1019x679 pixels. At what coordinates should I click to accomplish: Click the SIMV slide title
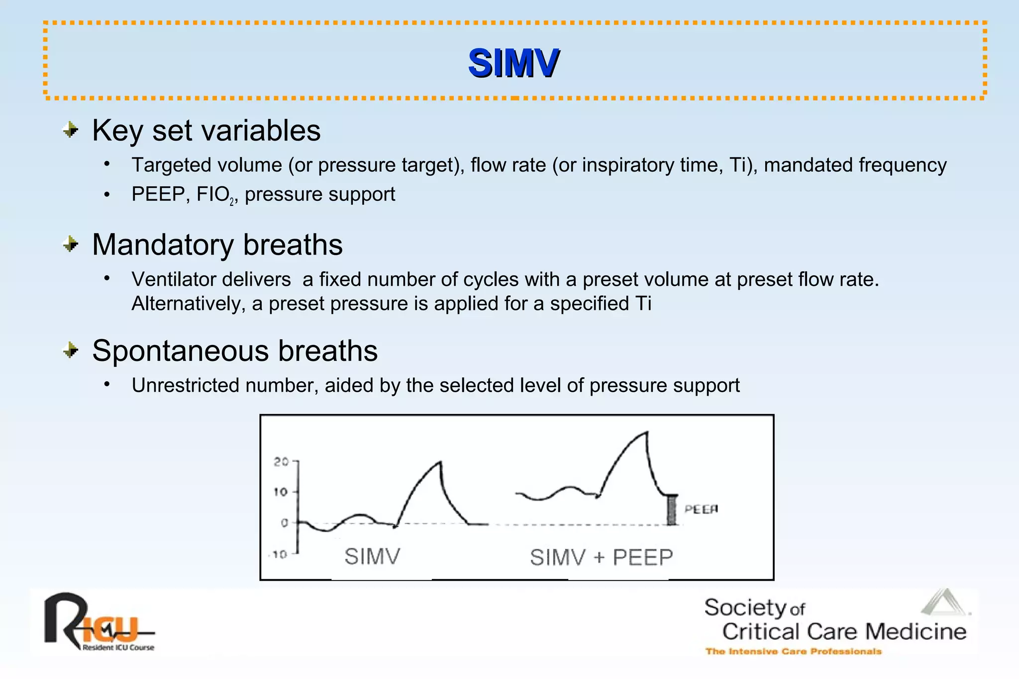(x=513, y=64)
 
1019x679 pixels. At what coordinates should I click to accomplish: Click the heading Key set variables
(x=206, y=131)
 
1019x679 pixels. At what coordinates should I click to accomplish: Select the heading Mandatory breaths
(x=217, y=245)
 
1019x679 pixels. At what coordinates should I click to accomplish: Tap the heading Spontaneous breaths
(x=234, y=351)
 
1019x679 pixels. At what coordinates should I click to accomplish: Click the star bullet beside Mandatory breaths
(x=71, y=245)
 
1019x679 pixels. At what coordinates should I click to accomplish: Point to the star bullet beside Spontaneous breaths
(x=71, y=351)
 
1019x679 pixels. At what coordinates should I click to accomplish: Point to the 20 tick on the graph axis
(x=281, y=462)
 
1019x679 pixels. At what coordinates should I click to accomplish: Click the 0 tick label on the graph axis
(x=284, y=523)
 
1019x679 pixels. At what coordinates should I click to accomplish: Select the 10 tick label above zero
(x=281, y=492)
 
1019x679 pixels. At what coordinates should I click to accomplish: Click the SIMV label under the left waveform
(x=372, y=556)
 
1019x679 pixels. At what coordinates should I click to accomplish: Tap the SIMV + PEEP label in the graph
(x=601, y=557)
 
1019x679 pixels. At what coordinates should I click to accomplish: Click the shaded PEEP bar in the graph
(x=672, y=510)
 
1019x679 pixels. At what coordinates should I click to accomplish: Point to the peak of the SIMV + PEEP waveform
(x=646, y=432)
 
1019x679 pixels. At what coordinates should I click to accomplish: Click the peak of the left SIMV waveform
(x=440, y=463)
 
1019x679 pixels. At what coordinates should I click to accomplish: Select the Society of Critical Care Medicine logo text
(x=836, y=621)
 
